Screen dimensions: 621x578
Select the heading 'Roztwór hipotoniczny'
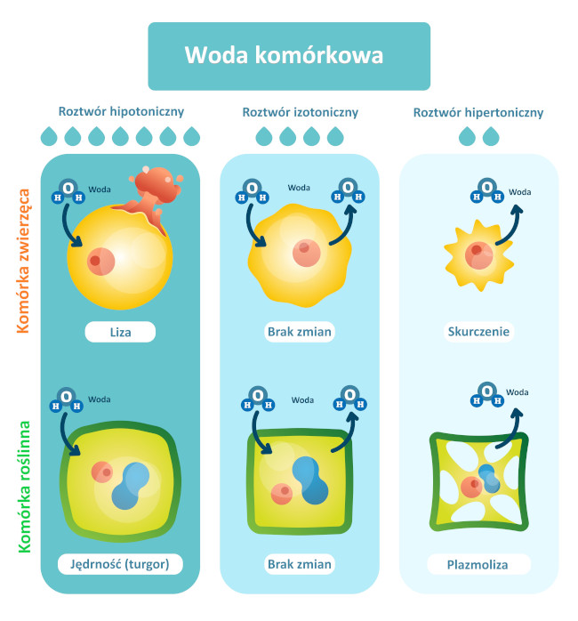121,112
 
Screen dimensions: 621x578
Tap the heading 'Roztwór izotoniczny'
300,112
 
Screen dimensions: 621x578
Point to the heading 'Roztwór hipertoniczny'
478,113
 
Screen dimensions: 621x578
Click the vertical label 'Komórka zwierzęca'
24,260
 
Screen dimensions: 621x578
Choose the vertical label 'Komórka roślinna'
24,487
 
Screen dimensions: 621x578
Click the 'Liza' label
120,333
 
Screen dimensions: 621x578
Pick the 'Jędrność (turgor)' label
120,564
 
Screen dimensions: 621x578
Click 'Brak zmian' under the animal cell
300,333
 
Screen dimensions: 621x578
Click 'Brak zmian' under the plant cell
300,564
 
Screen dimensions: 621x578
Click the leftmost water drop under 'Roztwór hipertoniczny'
467,136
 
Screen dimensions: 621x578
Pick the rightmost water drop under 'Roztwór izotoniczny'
335,136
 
